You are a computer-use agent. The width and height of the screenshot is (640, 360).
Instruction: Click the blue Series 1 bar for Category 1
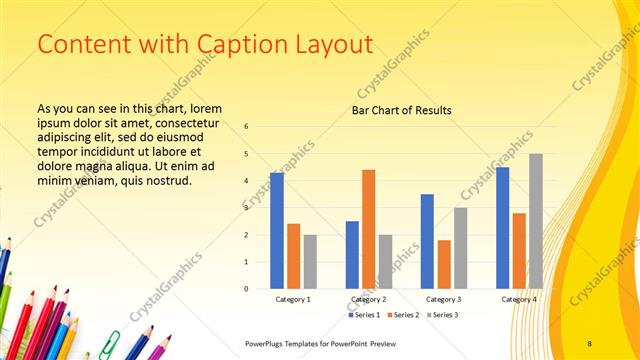pos(276,231)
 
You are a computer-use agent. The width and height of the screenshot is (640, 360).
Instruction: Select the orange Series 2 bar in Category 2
pos(368,229)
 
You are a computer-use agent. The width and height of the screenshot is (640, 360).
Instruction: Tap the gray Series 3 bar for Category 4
pos(536,221)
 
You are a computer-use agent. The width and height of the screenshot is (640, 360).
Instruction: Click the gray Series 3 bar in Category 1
pos(310,262)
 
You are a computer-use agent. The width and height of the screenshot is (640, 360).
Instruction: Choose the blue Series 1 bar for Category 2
pos(352,255)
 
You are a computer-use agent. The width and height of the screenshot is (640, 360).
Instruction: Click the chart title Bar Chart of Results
pos(402,110)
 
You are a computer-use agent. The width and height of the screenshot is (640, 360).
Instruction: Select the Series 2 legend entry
pos(403,315)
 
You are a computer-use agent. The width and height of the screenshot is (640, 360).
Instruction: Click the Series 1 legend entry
pos(364,315)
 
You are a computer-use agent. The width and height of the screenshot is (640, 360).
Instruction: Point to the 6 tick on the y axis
pos(246,127)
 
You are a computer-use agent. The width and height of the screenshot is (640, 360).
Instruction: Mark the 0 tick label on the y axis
pos(246,289)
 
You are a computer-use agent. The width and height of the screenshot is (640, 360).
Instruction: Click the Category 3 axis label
pos(444,299)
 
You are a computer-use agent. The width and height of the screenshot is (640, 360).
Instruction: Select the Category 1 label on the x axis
pos(293,299)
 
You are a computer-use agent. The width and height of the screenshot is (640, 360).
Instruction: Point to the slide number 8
pos(590,343)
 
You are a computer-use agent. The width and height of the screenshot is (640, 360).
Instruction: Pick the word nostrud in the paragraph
pos(166,181)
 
